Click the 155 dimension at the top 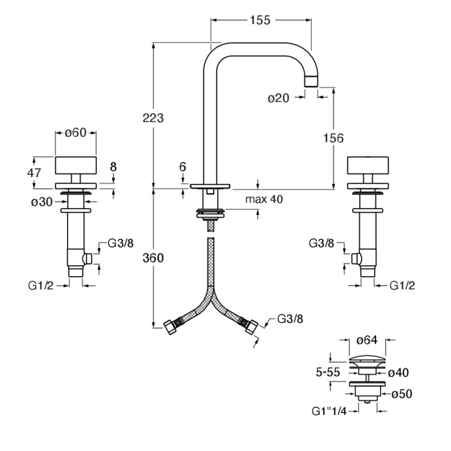pyautogui.click(x=260, y=20)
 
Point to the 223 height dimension pyautogui.click(x=153, y=118)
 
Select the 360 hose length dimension pyautogui.click(x=153, y=258)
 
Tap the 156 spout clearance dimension pyautogui.click(x=333, y=138)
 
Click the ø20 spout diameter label pyautogui.click(x=278, y=98)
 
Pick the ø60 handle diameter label pyautogui.click(x=76, y=132)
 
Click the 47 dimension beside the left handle pyautogui.click(x=34, y=173)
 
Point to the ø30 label pyautogui.click(x=42, y=202)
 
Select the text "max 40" pyautogui.click(x=264, y=199)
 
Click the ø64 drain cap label pyautogui.click(x=367, y=341)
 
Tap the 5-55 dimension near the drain pyautogui.click(x=328, y=372)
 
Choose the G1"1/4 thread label pyautogui.click(x=329, y=412)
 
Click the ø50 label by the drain pyautogui.click(x=402, y=393)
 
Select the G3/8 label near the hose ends pyautogui.click(x=290, y=319)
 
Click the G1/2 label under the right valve pyautogui.click(x=403, y=286)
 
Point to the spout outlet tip pyautogui.click(x=311, y=81)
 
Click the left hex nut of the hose pyautogui.click(x=170, y=328)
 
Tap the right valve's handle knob pyautogui.click(x=368, y=165)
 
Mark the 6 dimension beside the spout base pyautogui.click(x=183, y=167)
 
